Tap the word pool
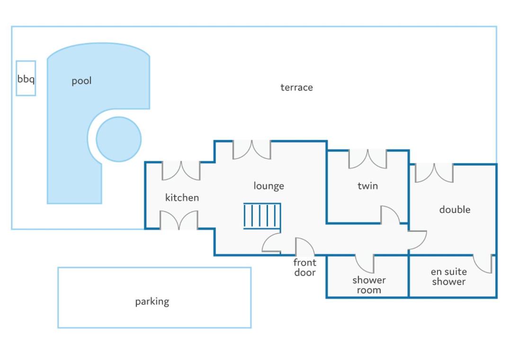(81, 81)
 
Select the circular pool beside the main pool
(119, 139)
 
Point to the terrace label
(296, 88)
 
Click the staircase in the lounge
(262, 216)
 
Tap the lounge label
(269, 186)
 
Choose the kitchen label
(182, 198)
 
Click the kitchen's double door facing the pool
(181, 171)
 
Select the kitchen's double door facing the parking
(179, 220)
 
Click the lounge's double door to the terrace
(251, 150)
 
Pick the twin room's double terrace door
(368, 159)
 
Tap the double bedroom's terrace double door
(434, 173)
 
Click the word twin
(368, 186)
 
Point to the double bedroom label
(455, 210)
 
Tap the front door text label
(305, 267)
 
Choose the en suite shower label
(449, 276)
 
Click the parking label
(152, 301)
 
